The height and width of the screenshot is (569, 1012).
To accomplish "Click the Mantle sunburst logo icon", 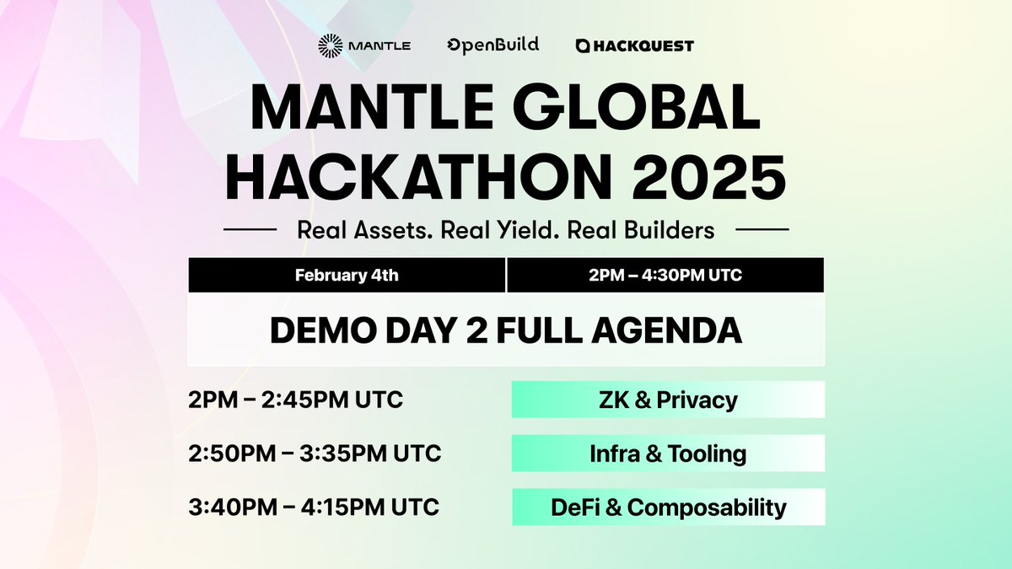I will [x=331, y=46].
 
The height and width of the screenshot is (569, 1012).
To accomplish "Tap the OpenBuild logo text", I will [x=493, y=45].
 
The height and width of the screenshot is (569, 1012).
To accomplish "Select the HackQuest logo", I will [x=634, y=46].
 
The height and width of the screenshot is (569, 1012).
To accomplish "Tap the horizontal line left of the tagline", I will [x=249, y=229].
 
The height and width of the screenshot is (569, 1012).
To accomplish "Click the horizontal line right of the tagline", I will [x=762, y=229].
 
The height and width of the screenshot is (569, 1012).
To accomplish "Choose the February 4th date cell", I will [x=346, y=276].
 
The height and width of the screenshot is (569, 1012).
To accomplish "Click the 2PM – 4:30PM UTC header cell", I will [x=665, y=276].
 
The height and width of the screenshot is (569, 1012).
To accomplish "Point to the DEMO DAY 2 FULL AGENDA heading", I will [x=506, y=330].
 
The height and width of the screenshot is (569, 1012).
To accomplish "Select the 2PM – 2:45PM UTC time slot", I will [x=296, y=400].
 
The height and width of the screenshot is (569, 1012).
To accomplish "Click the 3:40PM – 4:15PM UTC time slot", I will [x=315, y=507].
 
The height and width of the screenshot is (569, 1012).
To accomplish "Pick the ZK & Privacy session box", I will [x=668, y=400].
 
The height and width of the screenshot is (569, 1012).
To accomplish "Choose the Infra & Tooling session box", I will [x=668, y=454].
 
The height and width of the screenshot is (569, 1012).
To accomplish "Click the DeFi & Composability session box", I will [x=668, y=507].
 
